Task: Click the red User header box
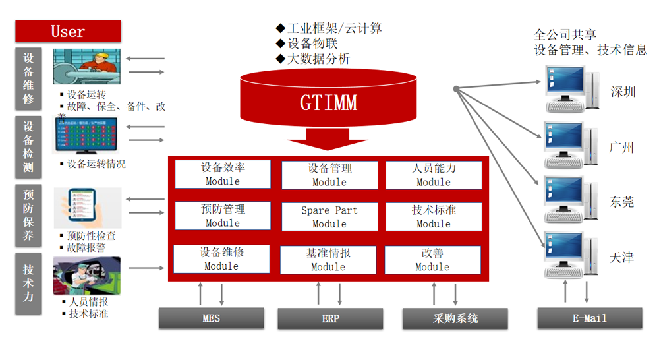pyautogui.click(x=68, y=31)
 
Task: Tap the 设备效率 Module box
pyautogui.click(x=222, y=174)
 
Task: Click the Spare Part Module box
pyautogui.click(x=329, y=217)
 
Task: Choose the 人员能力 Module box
pyautogui.click(x=434, y=175)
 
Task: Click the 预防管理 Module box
pyautogui.click(x=222, y=216)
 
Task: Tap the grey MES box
pyautogui.click(x=211, y=318)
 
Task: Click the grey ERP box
pyautogui.click(x=330, y=318)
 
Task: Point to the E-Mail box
pyautogui.click(x=589, y=318)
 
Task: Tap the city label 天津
pyautogui.click(x=621, y=257)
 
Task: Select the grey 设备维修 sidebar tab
pyautogui.click(x=28, y=78)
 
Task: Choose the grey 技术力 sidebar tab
pyautogui.click(x=28, y=284)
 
